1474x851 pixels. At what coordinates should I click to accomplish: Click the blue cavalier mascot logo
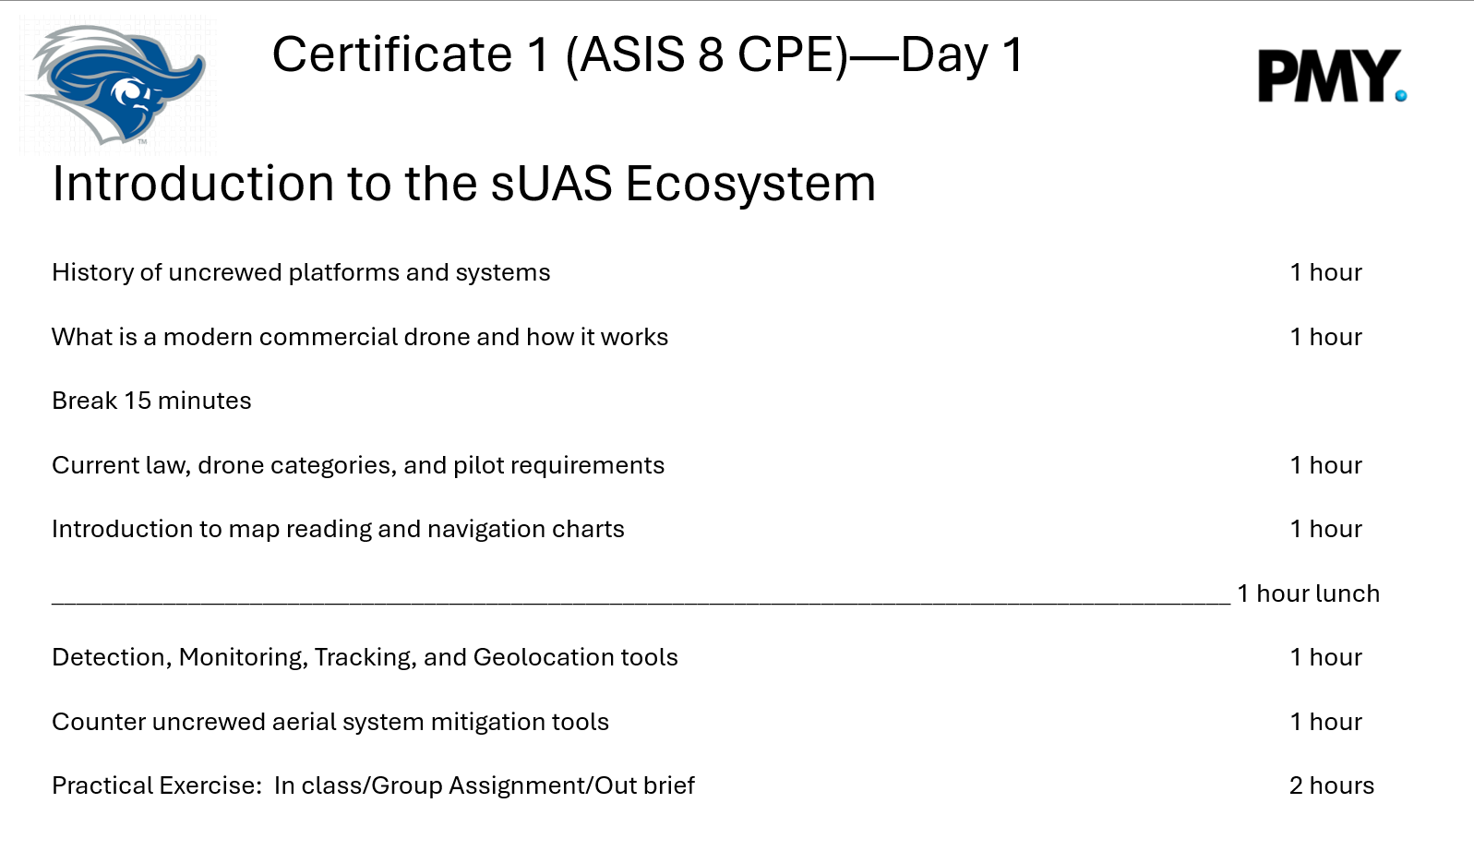(x=115, y=84)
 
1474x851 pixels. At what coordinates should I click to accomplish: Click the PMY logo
(x=1332, y=76)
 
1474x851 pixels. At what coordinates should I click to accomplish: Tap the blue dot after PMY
(x=1401, y=96)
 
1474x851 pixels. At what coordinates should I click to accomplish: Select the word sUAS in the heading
(x=551, y=184)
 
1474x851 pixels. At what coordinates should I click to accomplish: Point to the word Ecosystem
(x=750, y=185)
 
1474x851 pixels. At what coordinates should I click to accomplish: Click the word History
(x=92, y=273)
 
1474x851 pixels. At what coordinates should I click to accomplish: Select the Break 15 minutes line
(x=151, y=401)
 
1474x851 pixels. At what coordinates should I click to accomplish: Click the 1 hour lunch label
(x=1308, y=593)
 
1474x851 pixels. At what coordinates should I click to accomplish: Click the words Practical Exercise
(x=157, y=785)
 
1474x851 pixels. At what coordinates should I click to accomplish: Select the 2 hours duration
(x=1332, y=785)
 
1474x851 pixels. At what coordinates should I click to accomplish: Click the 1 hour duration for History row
(x=1326, y=272)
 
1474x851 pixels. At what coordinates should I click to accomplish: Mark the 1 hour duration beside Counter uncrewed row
(x=1326, y=722)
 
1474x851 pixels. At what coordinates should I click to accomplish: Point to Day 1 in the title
(x=962, y=55)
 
